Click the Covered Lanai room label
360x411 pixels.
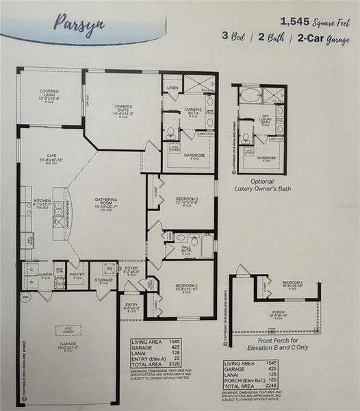click(x=49, y=94)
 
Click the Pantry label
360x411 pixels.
click(x=77, y=275)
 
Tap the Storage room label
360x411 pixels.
click(x=104, y=280)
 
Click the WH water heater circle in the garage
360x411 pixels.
click(x=25, y=298)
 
